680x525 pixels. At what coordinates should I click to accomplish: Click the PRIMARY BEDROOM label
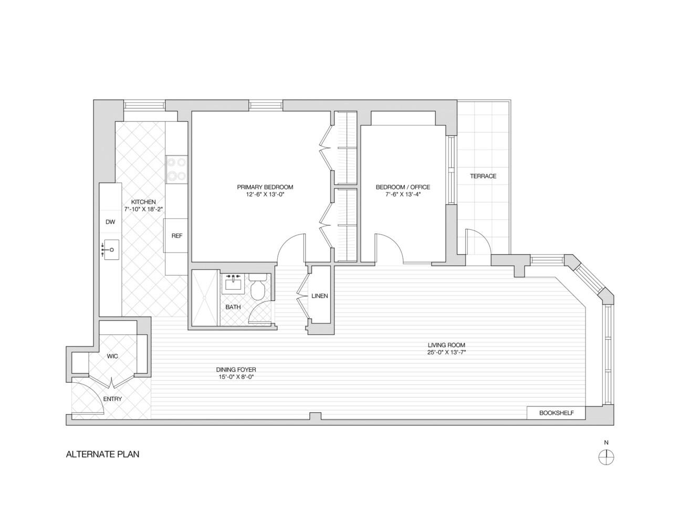click(265, 187)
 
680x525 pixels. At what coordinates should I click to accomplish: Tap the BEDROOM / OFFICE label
click(403, 187)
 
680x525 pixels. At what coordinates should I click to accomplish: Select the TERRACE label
click(483, 176)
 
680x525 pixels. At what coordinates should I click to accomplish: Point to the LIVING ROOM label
click(446, 345)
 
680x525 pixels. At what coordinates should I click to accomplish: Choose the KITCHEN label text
click(143, 202)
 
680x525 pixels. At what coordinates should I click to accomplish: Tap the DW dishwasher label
click(110, 222)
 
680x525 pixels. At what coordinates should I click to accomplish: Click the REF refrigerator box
click(177, 236)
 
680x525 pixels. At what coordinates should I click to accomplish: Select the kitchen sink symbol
click(111, 249)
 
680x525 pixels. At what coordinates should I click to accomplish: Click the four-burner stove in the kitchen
click(176, 170)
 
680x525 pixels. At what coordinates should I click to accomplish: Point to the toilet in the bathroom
click(258, 289)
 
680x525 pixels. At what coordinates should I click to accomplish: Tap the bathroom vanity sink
click(233, 284)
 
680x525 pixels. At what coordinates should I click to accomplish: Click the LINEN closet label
click(319, 296)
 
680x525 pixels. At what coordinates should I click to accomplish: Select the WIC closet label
click(112, 356)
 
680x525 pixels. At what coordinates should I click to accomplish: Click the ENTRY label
click(112, 399)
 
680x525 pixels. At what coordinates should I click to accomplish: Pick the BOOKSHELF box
click(556, 413)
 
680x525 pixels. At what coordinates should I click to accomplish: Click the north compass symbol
click(606, 457)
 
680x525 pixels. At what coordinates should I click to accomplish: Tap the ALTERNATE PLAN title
click(102, 455)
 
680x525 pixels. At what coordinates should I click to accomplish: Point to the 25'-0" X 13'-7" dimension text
click(446, 353)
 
